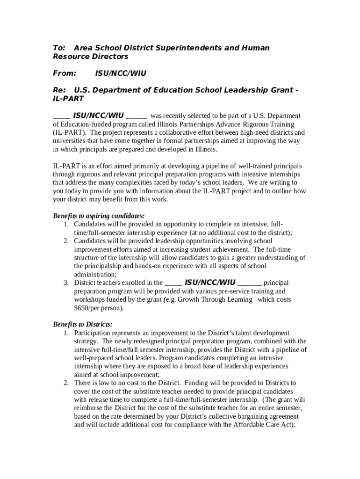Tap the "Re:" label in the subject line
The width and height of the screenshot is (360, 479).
(x=58, y=90)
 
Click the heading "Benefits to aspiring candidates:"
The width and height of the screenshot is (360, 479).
(x=99, y=216)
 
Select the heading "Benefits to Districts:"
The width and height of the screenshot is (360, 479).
(x=83, y=324)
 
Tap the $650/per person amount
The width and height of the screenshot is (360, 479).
(x=99, y=308)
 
